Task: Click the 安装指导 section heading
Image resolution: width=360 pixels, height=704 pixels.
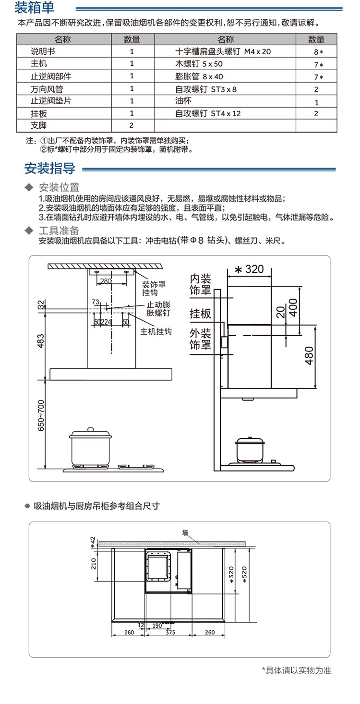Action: [50, 169]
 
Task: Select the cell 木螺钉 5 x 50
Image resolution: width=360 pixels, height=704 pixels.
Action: [199, 63]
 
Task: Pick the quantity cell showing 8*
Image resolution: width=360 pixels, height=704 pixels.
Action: [317, 51]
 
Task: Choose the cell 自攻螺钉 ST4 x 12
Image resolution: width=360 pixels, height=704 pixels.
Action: [208, 114]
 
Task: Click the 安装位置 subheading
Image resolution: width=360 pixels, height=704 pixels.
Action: [59, 187]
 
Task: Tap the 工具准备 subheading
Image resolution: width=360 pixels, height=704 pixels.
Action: [59, 231]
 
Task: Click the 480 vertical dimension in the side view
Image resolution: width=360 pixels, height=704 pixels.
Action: [309, 356]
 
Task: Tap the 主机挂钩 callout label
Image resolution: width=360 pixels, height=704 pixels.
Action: [156, 332]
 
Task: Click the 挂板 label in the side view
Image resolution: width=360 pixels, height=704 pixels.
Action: [200, 314]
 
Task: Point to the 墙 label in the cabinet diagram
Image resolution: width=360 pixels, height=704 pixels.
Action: [185, 533]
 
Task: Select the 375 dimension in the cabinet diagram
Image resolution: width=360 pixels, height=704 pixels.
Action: [170, 632]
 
